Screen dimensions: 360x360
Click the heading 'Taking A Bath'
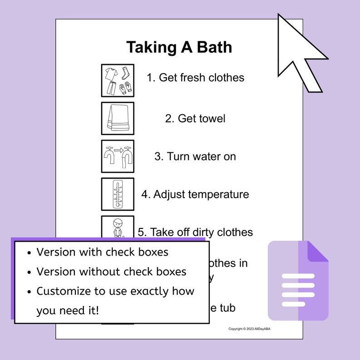pos(179,47)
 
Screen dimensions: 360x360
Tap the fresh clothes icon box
pos(117,80)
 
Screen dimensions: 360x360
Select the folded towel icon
pos(117,118)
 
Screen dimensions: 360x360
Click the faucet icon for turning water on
pos(117,156)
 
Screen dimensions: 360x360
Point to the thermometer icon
pos(117,194)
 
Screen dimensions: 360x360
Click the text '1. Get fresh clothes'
pos(195,78)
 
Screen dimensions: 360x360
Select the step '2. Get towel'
pos(195,119)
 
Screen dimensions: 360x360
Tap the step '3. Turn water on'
pos(195,156)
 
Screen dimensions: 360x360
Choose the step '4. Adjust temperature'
pos(195,195)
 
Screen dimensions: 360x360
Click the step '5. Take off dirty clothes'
pos(195,232)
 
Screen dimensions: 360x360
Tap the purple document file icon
pos(297,281)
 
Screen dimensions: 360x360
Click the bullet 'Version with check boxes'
pos(102,252)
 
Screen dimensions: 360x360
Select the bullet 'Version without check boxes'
pos(111,272)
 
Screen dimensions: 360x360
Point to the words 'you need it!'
pos(68,311)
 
